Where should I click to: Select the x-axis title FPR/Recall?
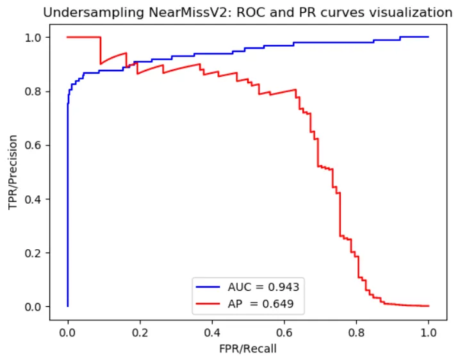(x=248, y=349)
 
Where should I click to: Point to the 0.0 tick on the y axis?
(x=34, y=307)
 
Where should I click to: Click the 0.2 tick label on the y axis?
(x=34, y=253)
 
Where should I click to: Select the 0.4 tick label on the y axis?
(x=34, y=199)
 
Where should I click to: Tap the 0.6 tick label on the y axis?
(x=34, y=145)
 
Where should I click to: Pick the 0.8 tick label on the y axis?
(x=34, y=92)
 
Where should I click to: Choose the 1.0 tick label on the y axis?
(x=34, y=38)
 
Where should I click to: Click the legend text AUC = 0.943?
(x=263, y=287)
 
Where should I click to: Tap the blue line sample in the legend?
(x=211, y=287)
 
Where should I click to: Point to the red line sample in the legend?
(x=211, y=304)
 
